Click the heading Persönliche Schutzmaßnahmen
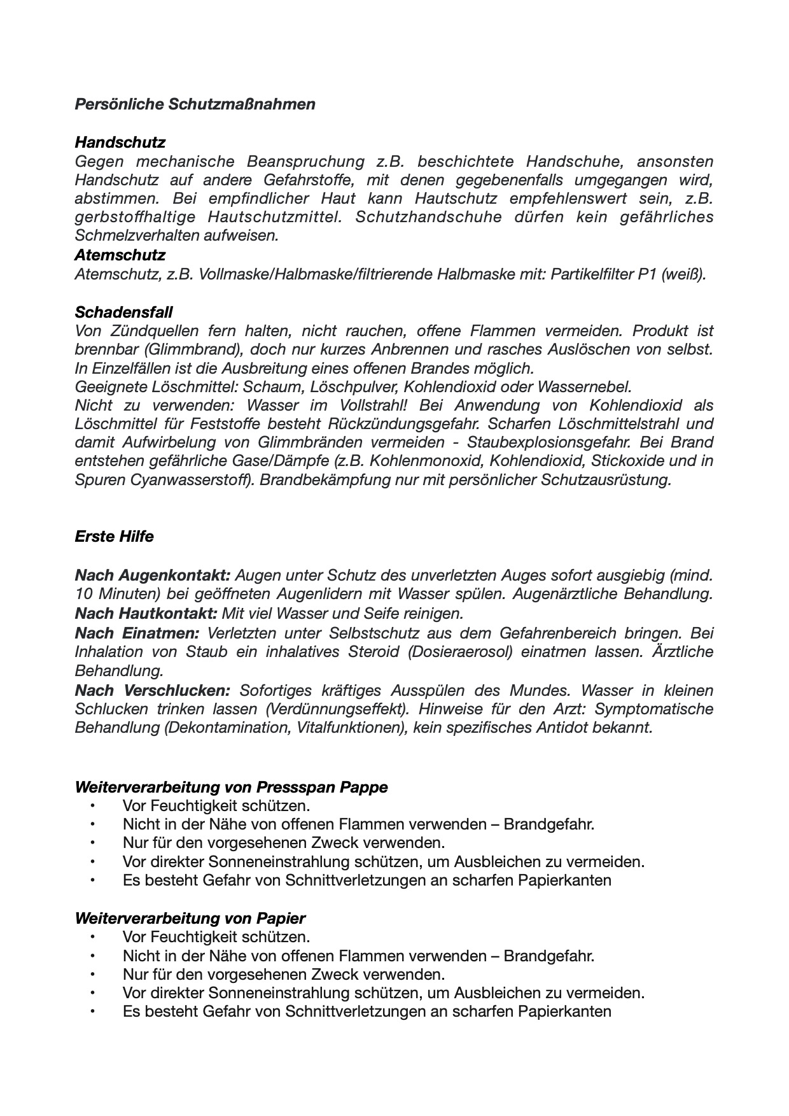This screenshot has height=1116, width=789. (x=195, y=104)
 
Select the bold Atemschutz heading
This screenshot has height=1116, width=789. (x=120, y=255)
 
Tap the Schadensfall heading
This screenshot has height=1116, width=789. (x=123, y=312)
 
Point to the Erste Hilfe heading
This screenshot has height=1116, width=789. (x=114, y=536)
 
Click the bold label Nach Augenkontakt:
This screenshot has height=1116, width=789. (x=152, y=576)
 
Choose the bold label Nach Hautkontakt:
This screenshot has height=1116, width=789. (x=146, y=614)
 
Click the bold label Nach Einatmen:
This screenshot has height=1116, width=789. (x=137, y=633)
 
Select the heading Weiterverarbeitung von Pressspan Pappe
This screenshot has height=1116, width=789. (x=231, y=787)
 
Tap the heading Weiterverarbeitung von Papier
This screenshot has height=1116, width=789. (x=190, y=918)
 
